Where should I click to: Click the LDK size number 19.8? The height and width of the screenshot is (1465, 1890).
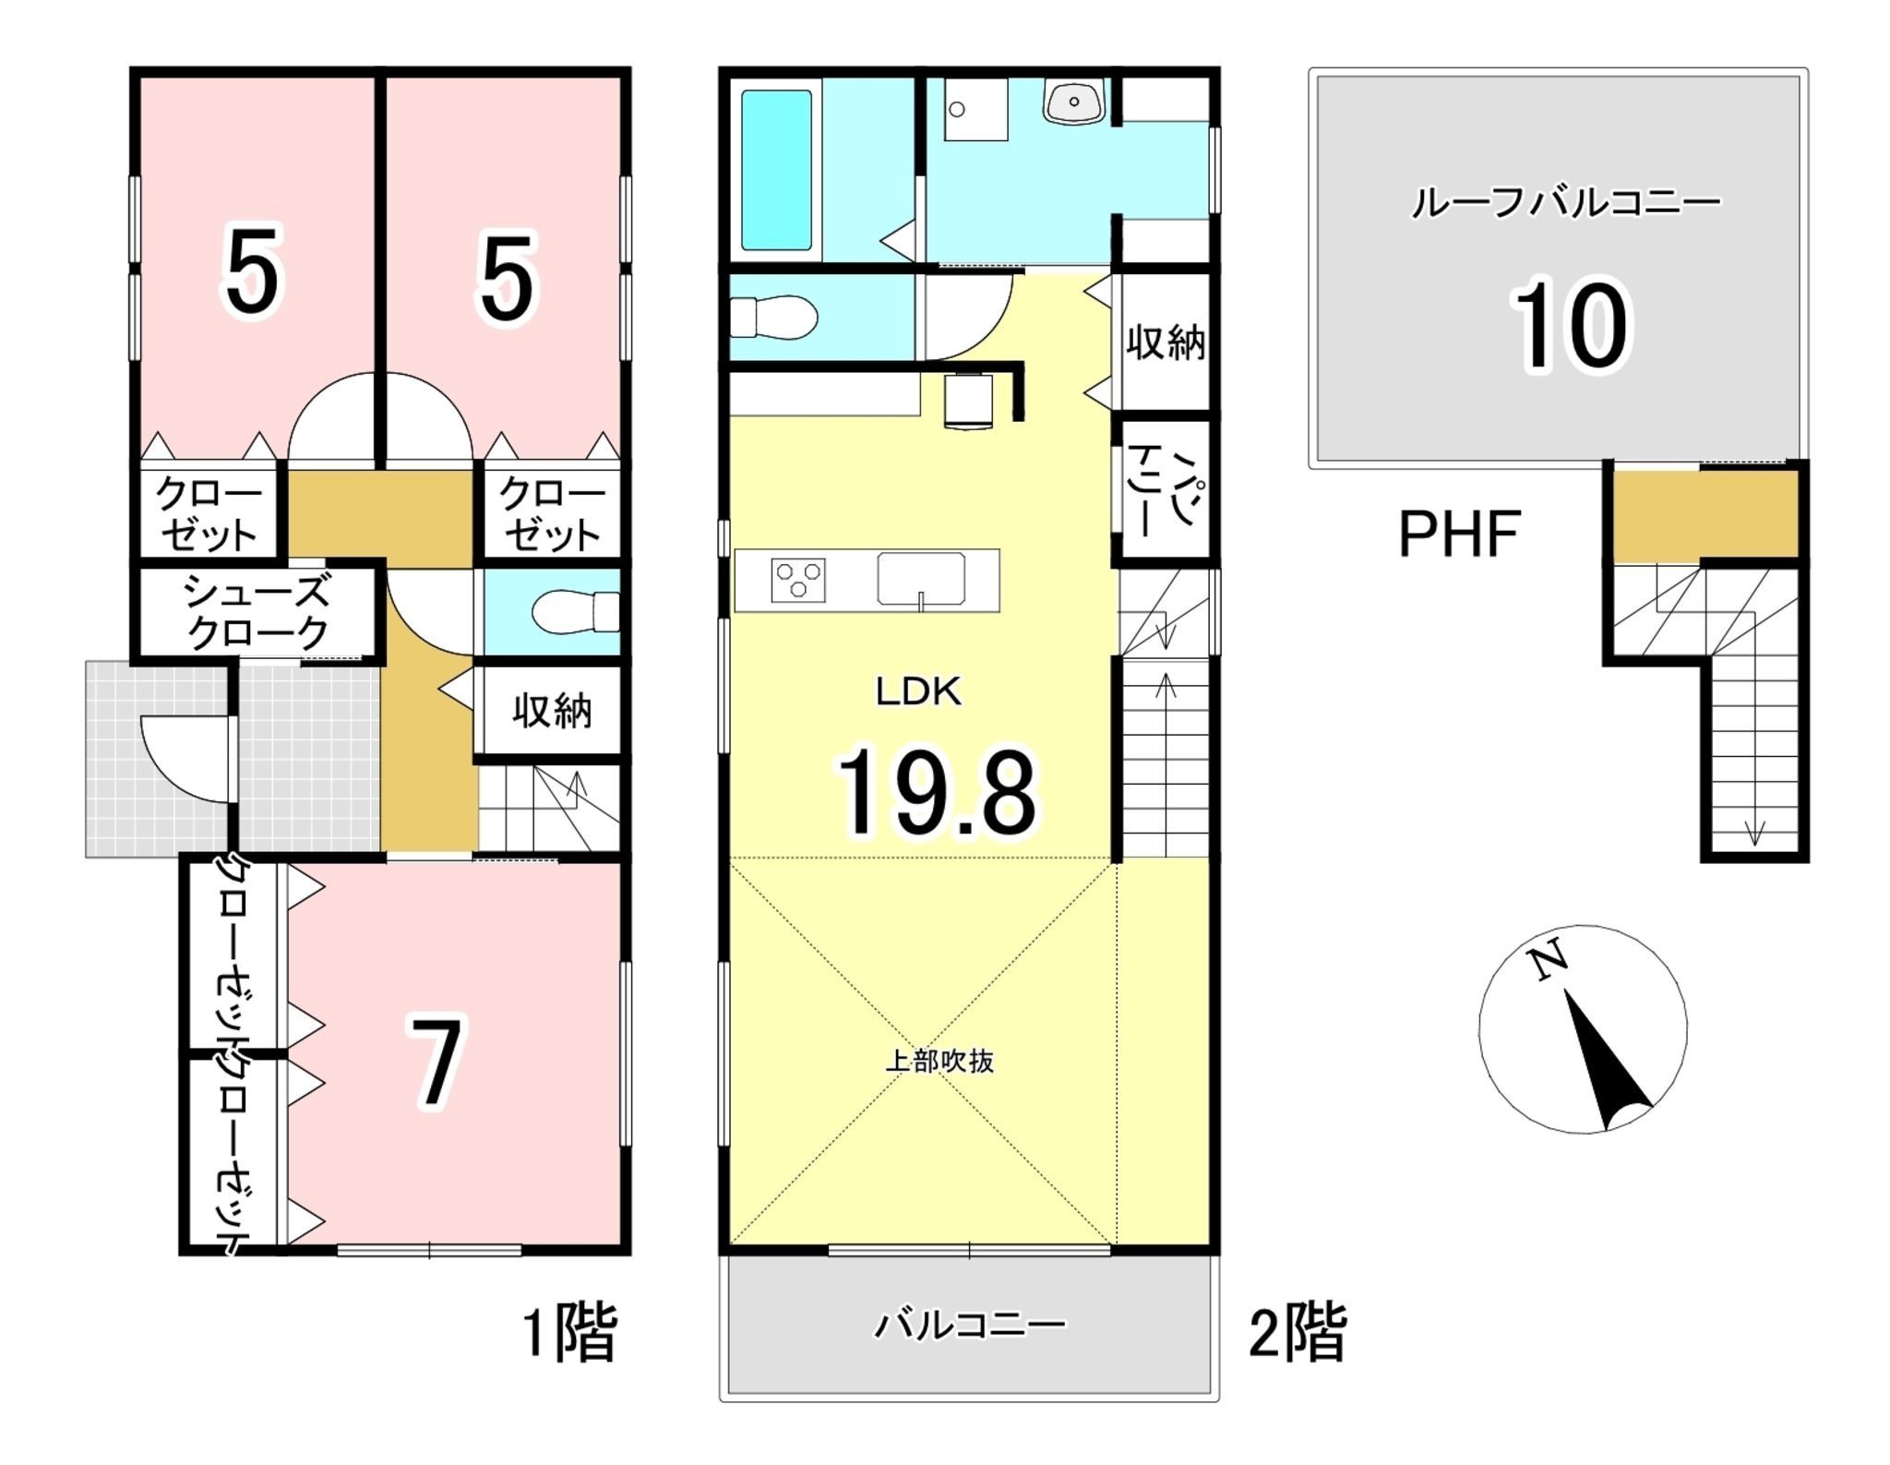(936, 793)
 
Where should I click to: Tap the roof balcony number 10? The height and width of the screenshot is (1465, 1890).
(1569, 326)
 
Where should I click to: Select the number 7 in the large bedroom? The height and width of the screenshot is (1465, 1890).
(437, 1063)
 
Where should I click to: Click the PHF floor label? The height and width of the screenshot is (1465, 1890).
(1459, 534)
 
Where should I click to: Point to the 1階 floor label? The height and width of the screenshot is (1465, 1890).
(569, 1331)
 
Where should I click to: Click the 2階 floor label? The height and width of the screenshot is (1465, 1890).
(1297, 1331)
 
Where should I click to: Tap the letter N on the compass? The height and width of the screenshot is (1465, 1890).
(1548, 960)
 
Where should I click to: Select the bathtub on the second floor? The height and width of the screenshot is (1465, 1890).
(777, 170)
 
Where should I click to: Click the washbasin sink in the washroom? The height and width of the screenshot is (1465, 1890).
(1073, 101)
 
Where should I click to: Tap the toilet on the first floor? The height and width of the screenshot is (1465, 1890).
(576, 612)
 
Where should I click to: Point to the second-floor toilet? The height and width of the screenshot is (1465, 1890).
(773, 317)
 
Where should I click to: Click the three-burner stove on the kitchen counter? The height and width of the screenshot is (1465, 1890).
(798, 581)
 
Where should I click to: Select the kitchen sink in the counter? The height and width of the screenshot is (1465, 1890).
(921, 580)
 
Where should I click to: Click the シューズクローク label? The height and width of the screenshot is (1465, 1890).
(257, 612)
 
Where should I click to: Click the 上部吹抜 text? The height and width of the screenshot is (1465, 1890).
(939, 1061)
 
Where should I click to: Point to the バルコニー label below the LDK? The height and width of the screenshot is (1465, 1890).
(970, 1326)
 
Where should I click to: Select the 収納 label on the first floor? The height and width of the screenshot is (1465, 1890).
(552, 711)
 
